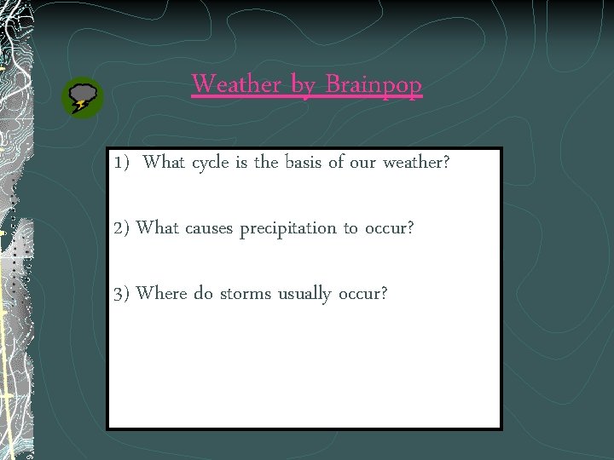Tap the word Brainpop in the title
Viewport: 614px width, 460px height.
point(374,85)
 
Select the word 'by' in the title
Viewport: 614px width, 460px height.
point(303,85)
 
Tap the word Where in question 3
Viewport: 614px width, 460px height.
point(162,294)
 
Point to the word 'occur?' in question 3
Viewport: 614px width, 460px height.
point(362,294)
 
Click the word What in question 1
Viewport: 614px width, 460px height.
point(165,163)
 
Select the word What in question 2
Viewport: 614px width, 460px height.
point(157,228)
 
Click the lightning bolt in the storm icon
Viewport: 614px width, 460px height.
point(80,106)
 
